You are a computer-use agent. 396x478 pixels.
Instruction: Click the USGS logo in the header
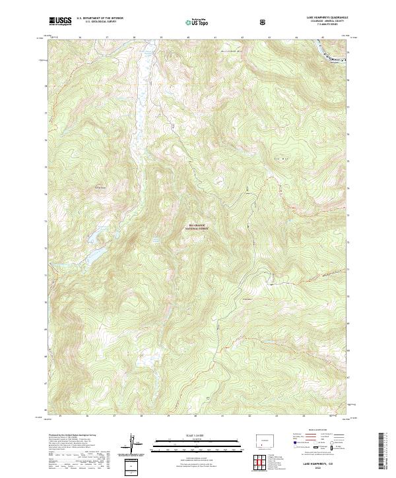click(60, 22)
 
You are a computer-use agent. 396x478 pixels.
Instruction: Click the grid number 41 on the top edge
click(215, 38)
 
